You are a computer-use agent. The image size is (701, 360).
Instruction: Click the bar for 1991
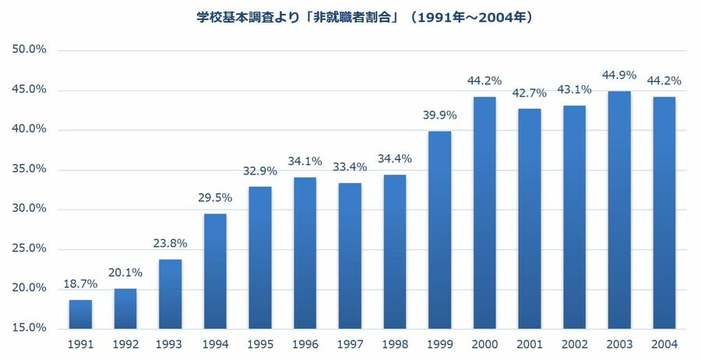(x=80, y=314)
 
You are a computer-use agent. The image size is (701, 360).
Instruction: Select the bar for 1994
(x=215, y=271)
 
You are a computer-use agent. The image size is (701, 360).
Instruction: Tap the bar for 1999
(x=439, y=230)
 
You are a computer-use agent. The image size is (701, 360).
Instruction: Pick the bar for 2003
(x=619, y=210)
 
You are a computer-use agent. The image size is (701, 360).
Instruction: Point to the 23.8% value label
(x=170, y=244)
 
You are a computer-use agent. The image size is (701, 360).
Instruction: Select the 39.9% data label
(x=439, y=116)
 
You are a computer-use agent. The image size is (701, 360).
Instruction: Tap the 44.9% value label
(x=619, y=76)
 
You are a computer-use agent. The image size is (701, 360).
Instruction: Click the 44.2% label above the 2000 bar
(x=484, y=81)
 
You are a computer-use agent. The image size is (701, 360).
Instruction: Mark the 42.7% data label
(x=530, y=94)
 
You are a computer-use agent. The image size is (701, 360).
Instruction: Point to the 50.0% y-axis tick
(x=30, y=50)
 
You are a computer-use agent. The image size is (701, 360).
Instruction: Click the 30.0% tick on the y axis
(x=30, y=209)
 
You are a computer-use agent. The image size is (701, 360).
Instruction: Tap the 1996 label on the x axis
(x=305, y=344)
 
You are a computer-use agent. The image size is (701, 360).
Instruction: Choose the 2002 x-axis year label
(x=574, y=344)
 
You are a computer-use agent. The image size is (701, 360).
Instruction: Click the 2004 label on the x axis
(x=664, y=344)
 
